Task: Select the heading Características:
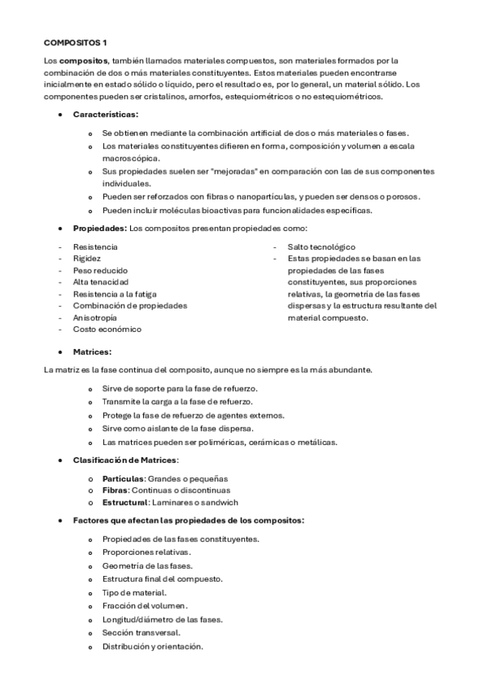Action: point(105,115)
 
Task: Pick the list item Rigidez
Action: point(87,258)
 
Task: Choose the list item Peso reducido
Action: point(100,270)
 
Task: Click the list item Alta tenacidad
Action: point(100,282)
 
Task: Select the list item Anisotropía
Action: point(95,317)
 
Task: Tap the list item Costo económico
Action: point(107,330)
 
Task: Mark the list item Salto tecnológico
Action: point(321,246)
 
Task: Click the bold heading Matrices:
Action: point(92,352)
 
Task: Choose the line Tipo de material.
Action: point(134,592)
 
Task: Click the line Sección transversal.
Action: point(141,632)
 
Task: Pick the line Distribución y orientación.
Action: point(153,646)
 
